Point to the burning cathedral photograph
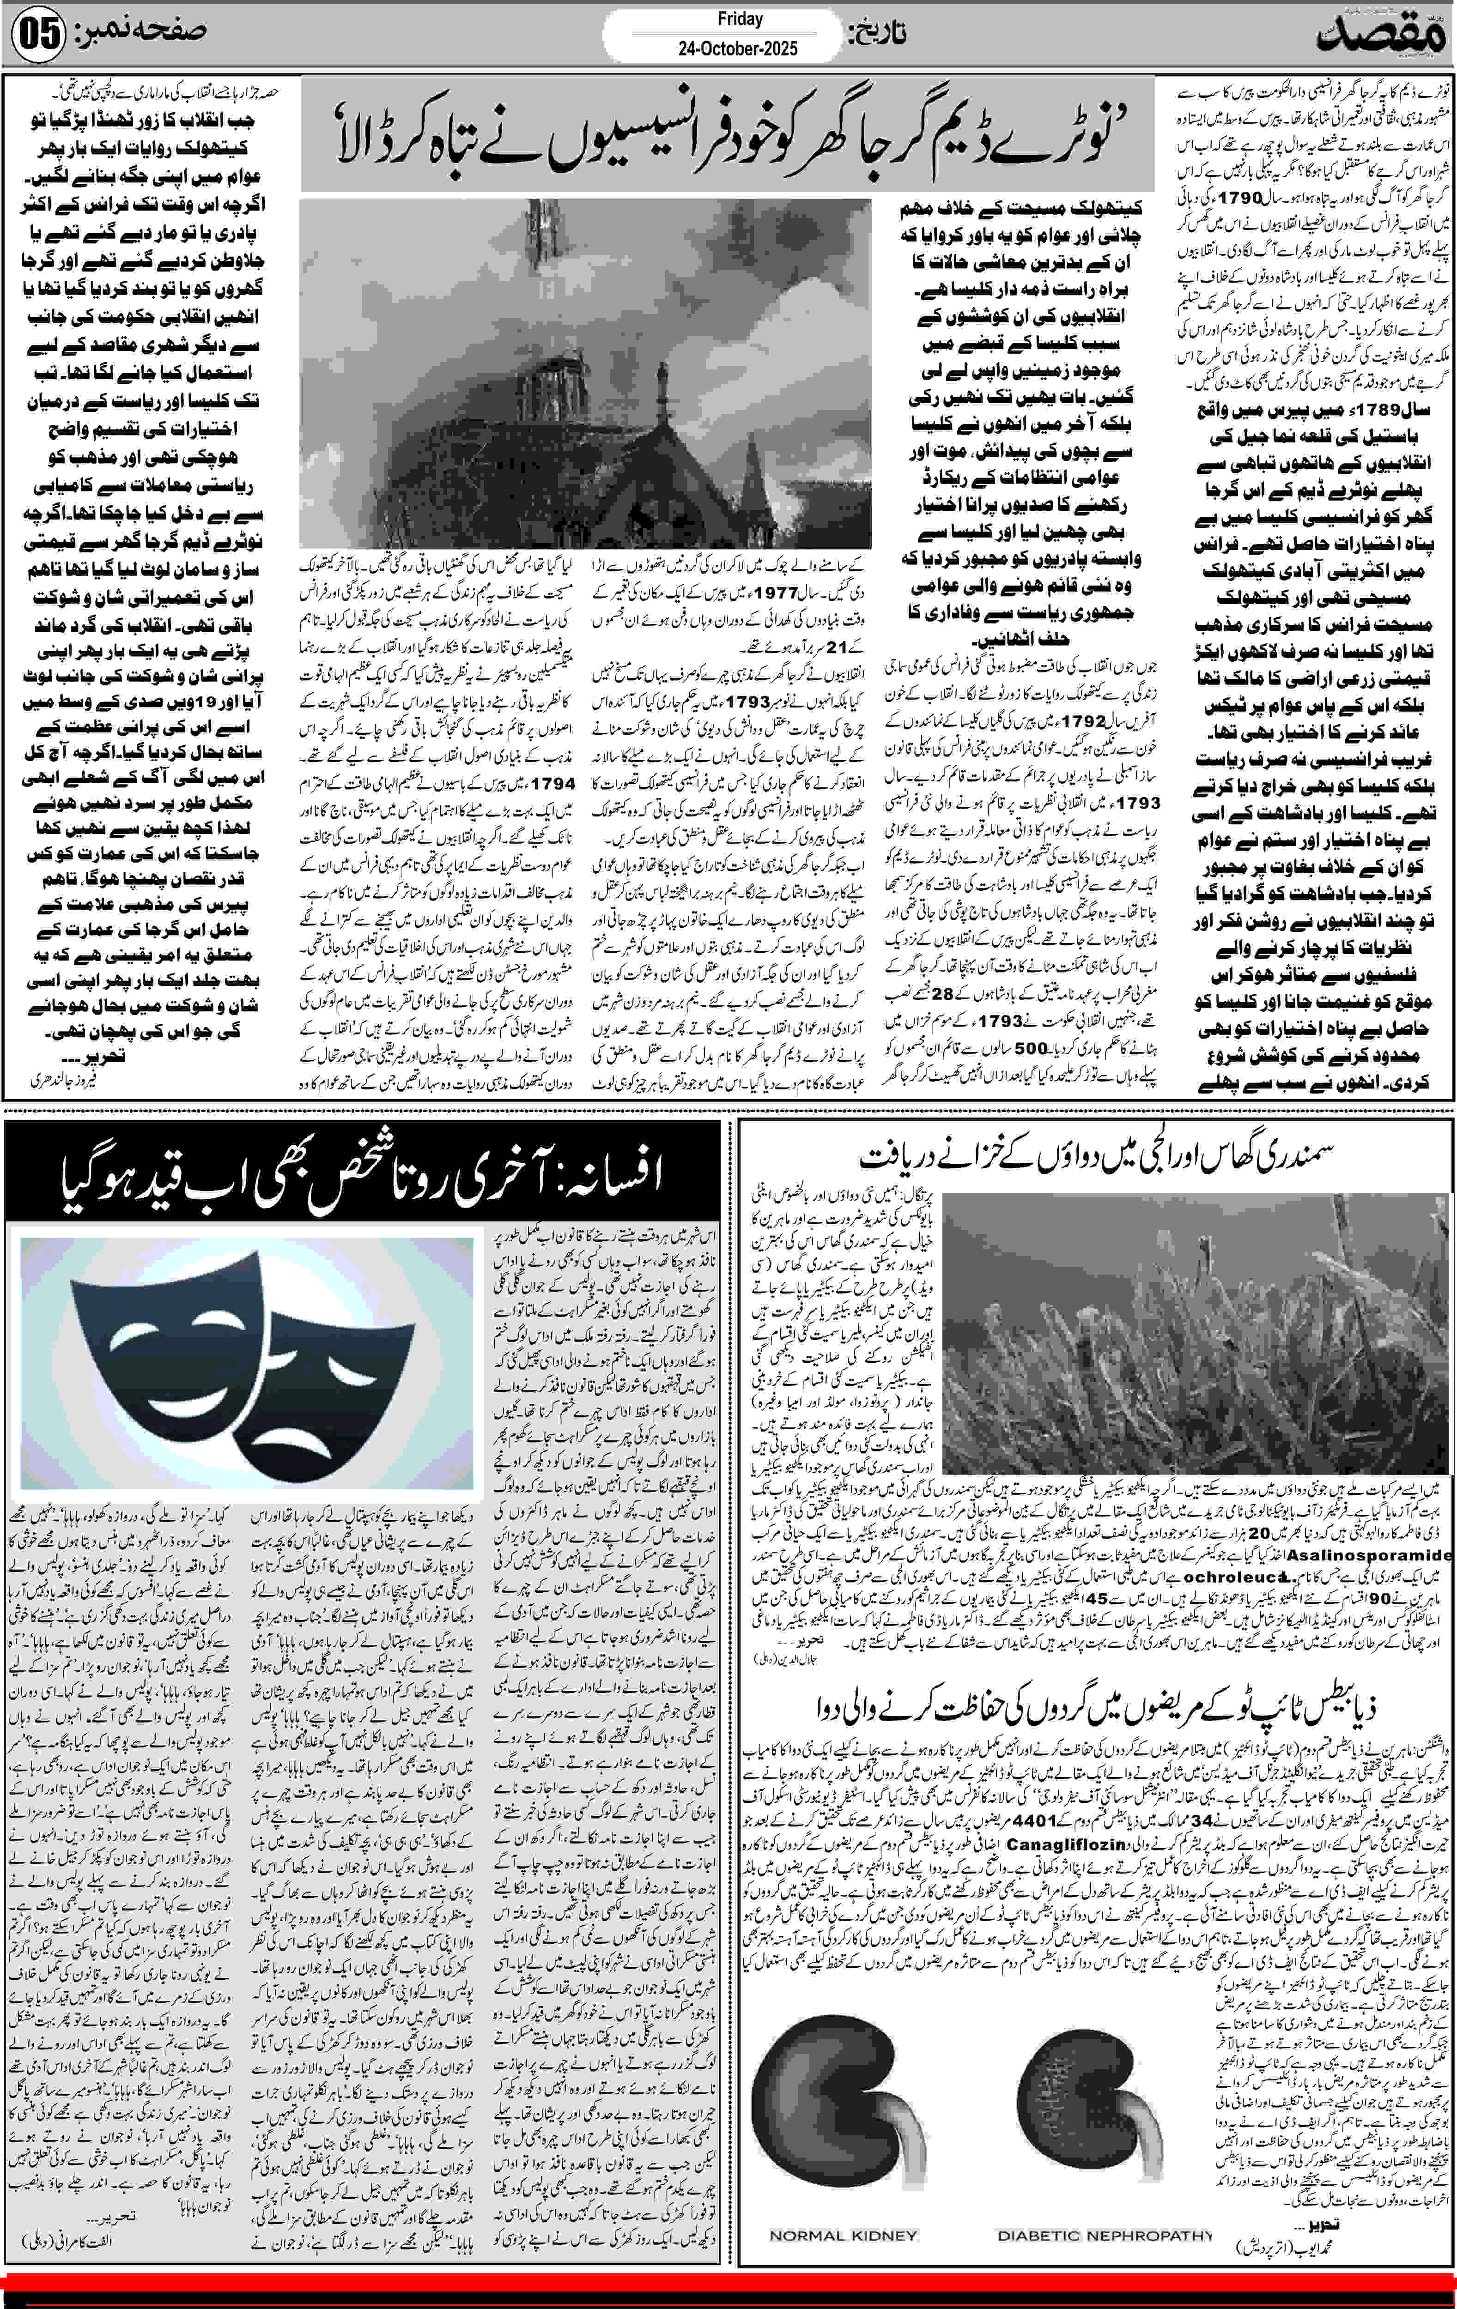tap(585, 374)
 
